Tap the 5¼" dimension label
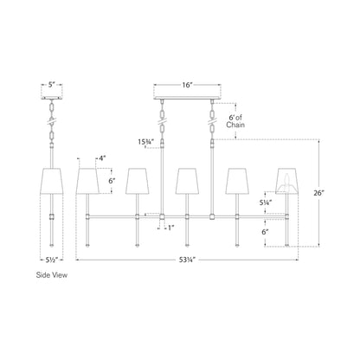[x=267, y=202]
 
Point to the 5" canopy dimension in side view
[x=52, y=86]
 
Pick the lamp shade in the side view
[x=52, y=181]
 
